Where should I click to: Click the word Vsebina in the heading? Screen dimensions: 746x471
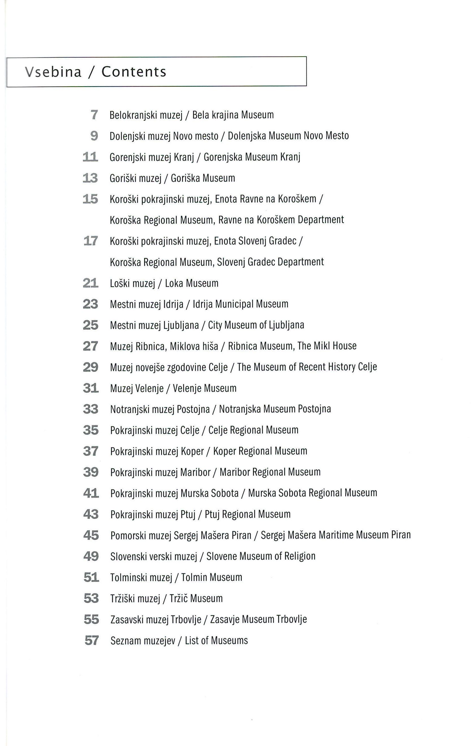point(53,72)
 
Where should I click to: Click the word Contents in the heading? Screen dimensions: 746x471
point(134,72)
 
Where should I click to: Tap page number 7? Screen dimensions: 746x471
point(94,115)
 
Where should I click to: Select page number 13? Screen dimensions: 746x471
point(91,178)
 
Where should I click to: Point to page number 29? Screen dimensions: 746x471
point(91,367)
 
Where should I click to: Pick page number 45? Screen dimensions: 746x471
point(91,535)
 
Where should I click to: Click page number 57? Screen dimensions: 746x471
point(91,640)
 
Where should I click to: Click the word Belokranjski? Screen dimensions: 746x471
point(134,115)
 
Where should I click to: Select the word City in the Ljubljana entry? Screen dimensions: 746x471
point(215,325)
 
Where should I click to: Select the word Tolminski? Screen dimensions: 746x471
point(128,577)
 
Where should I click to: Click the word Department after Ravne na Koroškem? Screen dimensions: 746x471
point(321,220)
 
